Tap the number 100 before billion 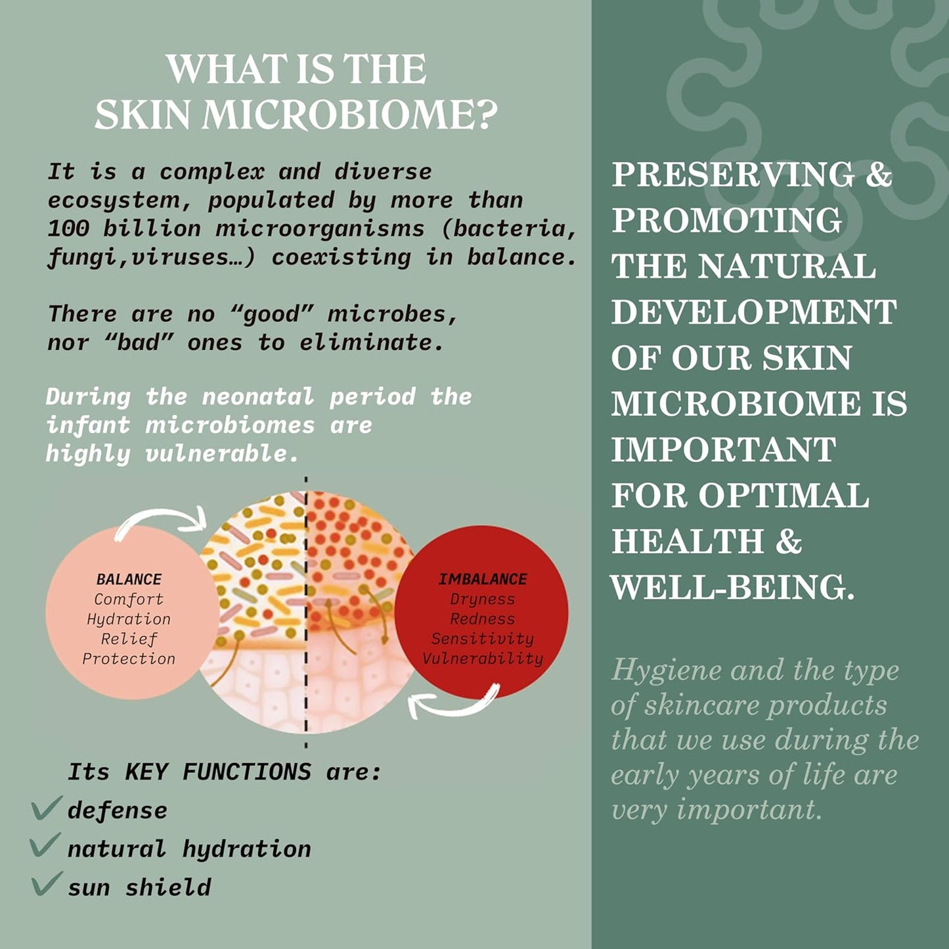68,228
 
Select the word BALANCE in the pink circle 129,579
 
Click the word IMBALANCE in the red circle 483,579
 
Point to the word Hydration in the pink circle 129,619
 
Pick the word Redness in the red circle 483,619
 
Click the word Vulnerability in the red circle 483,659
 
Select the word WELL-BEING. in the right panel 733,587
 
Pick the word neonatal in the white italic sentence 258,397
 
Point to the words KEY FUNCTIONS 217,772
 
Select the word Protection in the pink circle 129,659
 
